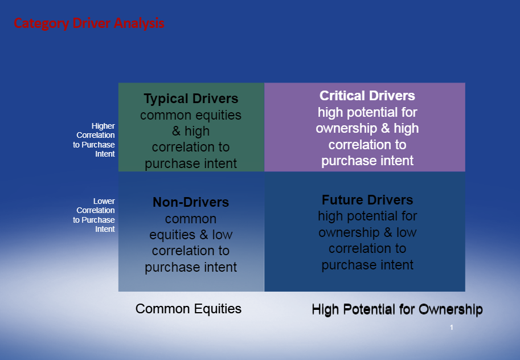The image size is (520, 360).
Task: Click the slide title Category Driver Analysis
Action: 89,23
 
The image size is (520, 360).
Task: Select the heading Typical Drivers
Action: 191,99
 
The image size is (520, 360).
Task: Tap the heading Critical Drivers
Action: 367,96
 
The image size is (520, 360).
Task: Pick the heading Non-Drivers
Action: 191,202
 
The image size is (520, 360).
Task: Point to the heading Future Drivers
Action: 367,200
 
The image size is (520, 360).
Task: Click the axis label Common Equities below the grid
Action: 189,309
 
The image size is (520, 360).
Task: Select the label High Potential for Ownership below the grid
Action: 398,309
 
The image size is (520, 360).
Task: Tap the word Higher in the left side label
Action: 103,126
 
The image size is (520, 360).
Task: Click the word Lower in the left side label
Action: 104,201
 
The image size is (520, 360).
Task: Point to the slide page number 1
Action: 451,328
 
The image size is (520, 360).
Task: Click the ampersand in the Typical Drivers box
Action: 176,131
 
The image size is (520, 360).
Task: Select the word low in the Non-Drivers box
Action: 222,235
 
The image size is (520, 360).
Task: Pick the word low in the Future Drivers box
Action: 406,232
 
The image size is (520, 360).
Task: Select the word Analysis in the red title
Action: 139,23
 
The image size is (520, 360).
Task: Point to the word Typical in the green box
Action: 166,99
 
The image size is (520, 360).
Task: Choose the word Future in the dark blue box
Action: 343,200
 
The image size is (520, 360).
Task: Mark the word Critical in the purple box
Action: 342,96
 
